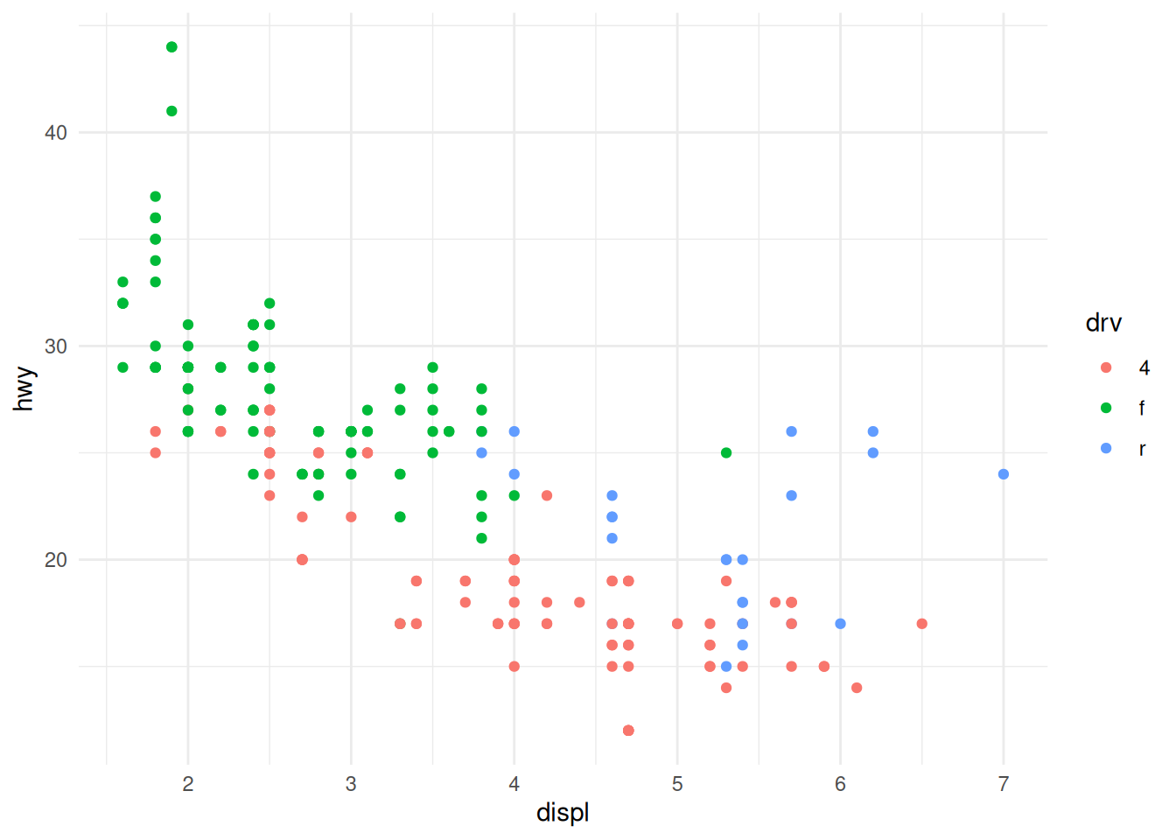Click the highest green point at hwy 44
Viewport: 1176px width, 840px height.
(171, 47)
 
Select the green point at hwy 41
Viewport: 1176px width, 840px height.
(171, 111)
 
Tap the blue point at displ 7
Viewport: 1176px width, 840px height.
(1004, 474)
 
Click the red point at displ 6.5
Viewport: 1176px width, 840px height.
(922, 624)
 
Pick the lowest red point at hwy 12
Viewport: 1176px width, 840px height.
(628, 731)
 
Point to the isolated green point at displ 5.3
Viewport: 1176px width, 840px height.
(726, 453)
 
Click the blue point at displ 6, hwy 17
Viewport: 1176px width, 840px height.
(841, 624)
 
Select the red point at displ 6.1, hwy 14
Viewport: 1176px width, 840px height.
(857, 688)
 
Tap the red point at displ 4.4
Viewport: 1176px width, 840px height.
(579, 603)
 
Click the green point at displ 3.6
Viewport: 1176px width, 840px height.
(449, 431)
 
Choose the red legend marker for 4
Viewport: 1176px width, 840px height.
(1106, 367)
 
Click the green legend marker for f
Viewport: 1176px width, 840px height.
(1106, 408)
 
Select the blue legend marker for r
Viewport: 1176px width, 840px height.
(1106, 448)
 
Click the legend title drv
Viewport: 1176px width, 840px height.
(1103, 324)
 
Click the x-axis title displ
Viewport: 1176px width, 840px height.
(563, 813)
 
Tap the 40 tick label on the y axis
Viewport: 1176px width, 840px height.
(56, 133)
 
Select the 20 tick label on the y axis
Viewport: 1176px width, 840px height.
(56, 560)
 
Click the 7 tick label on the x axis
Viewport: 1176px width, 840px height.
(1004, 784)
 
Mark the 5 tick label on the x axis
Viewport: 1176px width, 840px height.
(677, 784)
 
